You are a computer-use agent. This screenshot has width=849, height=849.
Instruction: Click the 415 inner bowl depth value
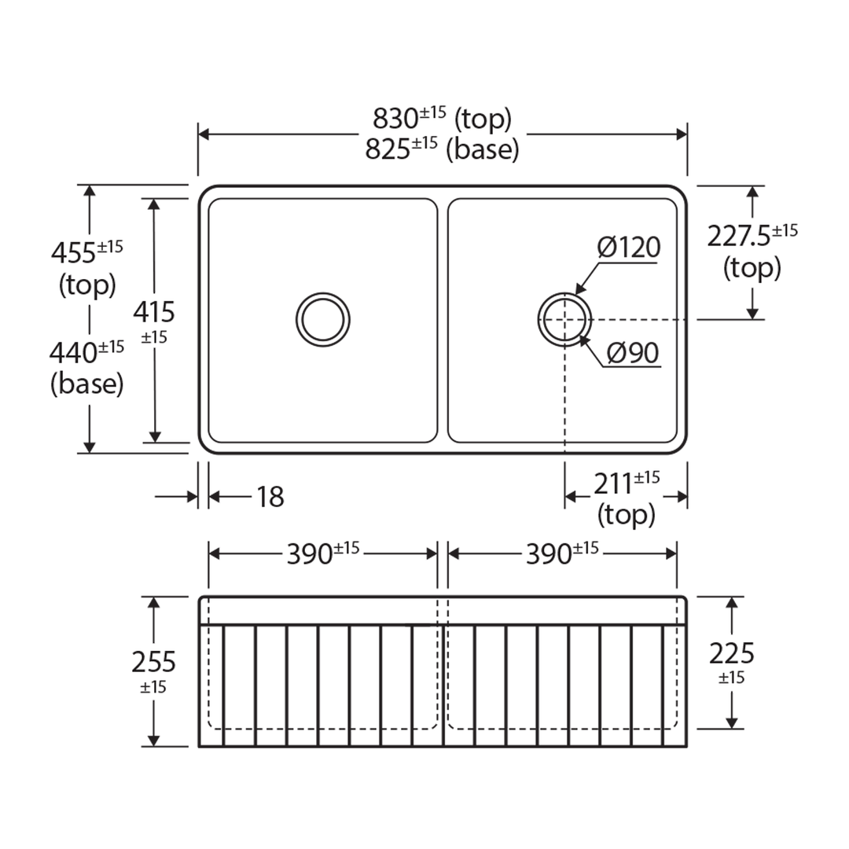point(154,313)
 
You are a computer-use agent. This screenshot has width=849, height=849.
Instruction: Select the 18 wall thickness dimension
point(270,497)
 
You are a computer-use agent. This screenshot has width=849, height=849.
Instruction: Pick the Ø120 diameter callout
point(628,248)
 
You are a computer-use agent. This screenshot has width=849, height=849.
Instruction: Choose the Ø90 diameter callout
point(632,354)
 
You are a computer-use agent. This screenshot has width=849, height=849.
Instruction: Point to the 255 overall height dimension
point(154,662)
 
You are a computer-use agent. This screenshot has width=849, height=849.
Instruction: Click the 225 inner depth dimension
point(731,653)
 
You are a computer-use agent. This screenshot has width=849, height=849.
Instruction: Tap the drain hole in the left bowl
point(323,320)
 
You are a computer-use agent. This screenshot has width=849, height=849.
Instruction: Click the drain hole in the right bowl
point(564,320)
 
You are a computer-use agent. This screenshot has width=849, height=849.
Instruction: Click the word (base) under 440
point(86,384)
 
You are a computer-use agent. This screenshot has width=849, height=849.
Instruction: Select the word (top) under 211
point(626,515)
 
